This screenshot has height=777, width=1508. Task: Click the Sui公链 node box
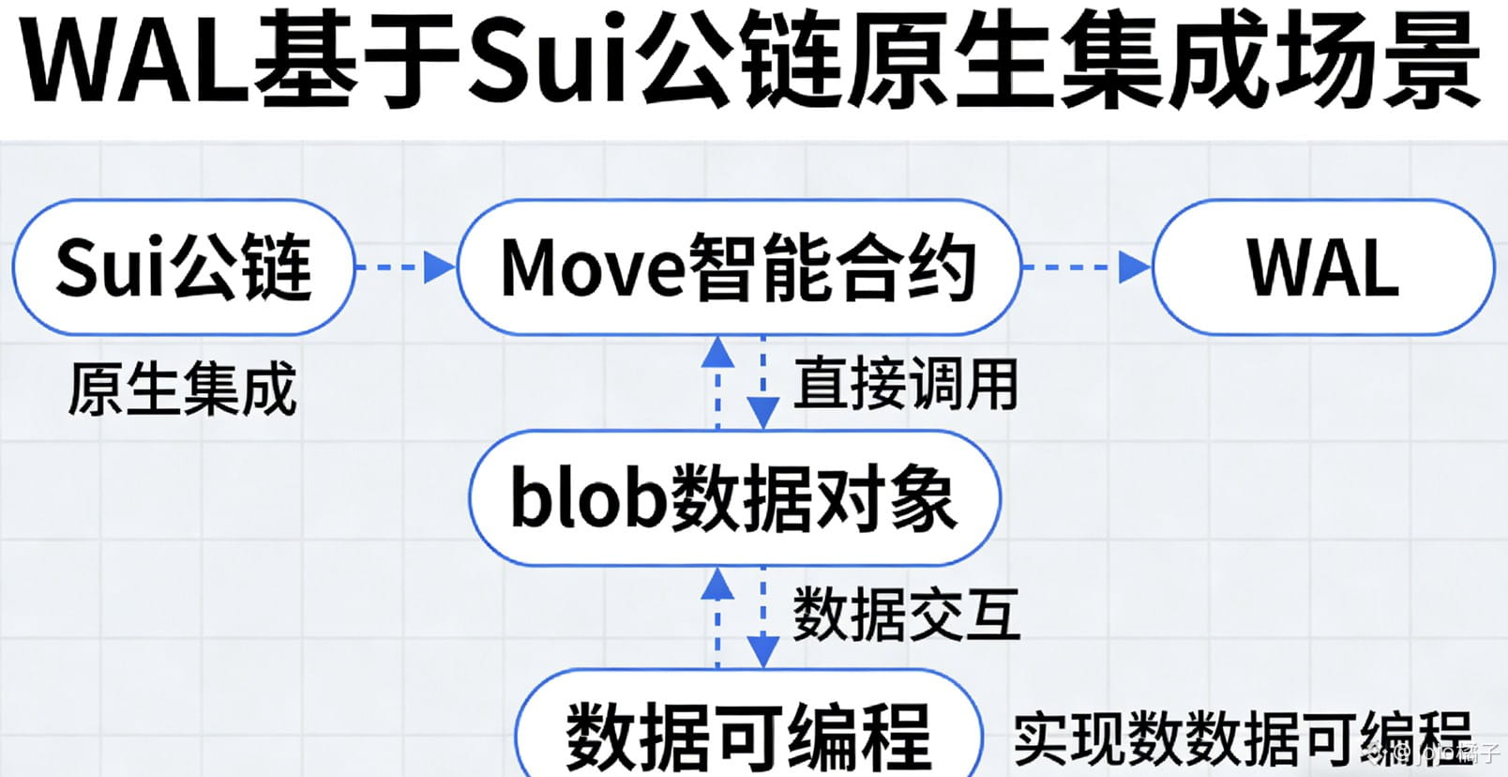(x=184, y=267)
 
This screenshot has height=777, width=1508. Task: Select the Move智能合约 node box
(x=738, y=267)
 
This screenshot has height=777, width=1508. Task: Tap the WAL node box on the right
(x=1322, y=267)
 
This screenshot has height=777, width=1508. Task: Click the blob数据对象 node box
(x=734, y=497)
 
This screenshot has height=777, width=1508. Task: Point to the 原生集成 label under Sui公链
(x=182, y=388)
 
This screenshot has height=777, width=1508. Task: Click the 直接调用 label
(x=906, y=384)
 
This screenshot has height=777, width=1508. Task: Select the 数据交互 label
(x=906, y=615)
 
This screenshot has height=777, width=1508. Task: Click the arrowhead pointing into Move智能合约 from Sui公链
(x=439, y=267)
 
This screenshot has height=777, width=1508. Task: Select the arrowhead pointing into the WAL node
(x=1134, y=267)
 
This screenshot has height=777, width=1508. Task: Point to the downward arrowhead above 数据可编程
(x=763, y=649)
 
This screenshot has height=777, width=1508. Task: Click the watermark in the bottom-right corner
(x=1435, y=752)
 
